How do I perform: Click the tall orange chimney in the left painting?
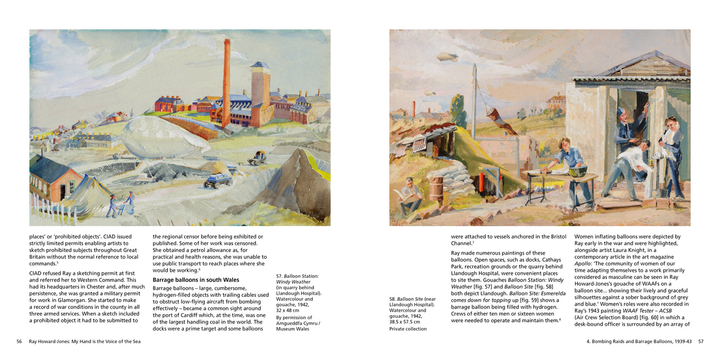click(x=226, y=82)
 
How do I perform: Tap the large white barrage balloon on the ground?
click(x=164, y=137)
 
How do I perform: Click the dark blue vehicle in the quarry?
click(x=218, y=180)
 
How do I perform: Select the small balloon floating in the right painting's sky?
click(x=447, y=57)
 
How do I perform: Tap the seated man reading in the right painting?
click(x=411, y=194)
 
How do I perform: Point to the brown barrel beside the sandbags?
click(x=436, y=188)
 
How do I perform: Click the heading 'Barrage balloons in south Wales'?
click(x=189, y=280)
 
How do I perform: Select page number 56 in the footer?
click(x=19, y=342)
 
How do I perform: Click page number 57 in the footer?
click(x=701, y=342)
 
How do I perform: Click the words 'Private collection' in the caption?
click(x=408, y=329)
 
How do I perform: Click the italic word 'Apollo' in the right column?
click(x=583, y=263)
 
